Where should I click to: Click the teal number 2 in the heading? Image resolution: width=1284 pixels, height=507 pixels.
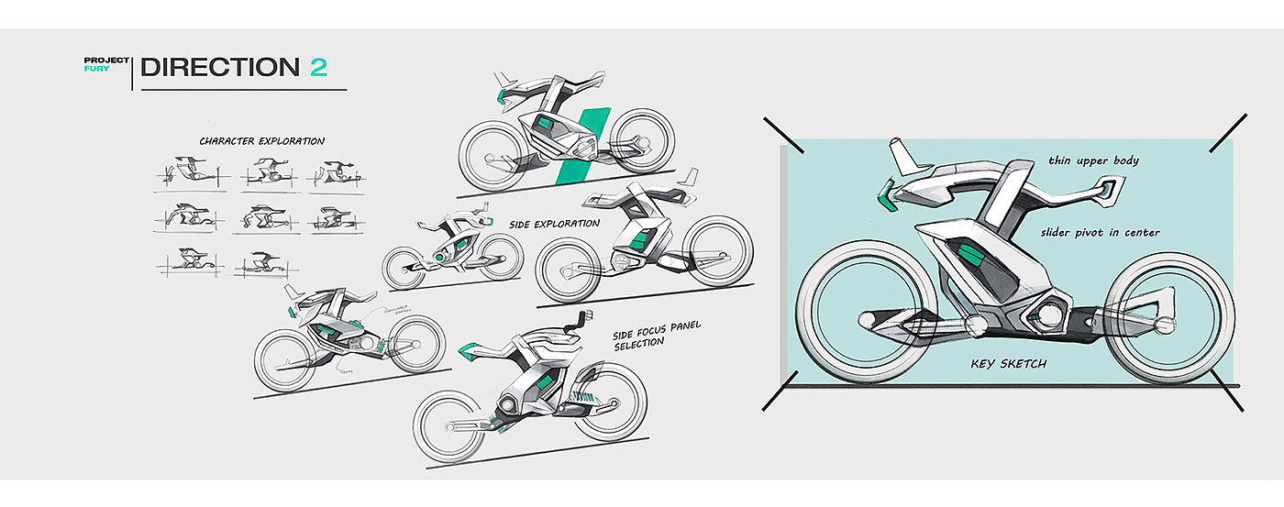[x=318, y=67]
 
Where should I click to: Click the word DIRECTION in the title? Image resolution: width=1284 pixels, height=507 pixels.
[x=219, y=67]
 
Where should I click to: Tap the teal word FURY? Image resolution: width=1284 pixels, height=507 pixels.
[x=96, y=70]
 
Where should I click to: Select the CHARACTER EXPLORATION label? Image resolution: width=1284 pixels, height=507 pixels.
[x=261, y=141]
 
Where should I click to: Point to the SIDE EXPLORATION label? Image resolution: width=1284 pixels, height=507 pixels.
[x=555, y=224]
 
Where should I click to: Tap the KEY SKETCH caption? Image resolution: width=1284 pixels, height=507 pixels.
[x=1008, y=364]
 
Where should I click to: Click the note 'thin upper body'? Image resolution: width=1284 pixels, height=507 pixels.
[x=1094, y=161]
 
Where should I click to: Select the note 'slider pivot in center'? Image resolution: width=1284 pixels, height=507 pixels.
[x=1101, y=233]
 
